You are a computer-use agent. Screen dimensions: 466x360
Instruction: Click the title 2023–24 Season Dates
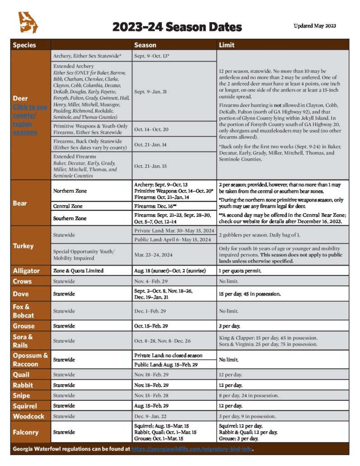[x=177, y=27]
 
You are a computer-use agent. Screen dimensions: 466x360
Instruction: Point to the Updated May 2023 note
[x=314, y=26]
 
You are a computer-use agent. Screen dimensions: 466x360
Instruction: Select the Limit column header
[x=227, y=45]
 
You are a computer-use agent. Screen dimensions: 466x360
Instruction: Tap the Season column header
[x=145, y=45]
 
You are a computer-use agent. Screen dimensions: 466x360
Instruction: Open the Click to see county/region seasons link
[x=30, y=119]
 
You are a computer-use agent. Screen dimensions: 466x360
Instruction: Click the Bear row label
[x=20, y=204]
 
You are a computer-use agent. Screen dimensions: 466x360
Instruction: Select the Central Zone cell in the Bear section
[x=67, y=206]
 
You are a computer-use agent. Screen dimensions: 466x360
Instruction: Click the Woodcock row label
[x=28, y=416]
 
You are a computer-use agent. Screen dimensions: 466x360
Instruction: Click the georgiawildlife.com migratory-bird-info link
[x=192, y=449]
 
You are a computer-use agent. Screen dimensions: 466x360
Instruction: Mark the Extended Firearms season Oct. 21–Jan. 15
[x=151, y=166]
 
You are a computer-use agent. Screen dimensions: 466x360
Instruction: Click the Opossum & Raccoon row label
[x=30, y=359]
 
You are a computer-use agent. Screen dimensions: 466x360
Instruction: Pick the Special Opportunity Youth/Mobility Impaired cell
[x=84, y=254]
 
